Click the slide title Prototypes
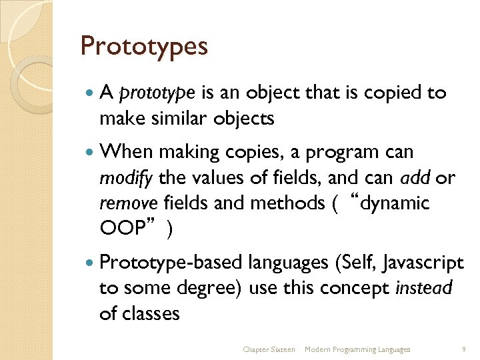click(144, 47)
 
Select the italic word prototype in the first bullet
click(157, 93)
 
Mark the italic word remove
click(128, 203)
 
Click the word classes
click(151, 313)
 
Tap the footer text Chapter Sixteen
click(269, 349)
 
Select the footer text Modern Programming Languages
click(357, 349)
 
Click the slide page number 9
click(463, 349)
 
